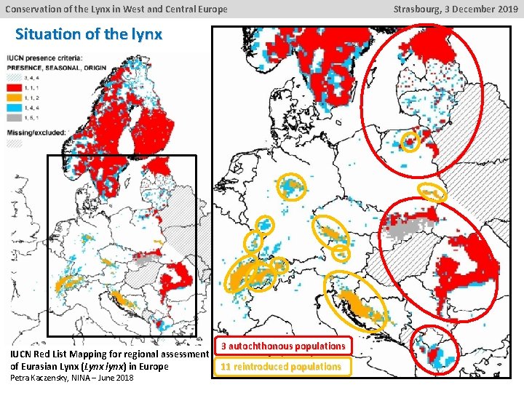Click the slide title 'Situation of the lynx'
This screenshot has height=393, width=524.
pos(88,34)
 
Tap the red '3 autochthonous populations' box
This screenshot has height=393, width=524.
pos(283,346)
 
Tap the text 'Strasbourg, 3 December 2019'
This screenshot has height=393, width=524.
pos(456,9)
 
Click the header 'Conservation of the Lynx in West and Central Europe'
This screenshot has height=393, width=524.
pos(116,9)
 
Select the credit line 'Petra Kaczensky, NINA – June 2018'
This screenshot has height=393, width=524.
pos(71,378)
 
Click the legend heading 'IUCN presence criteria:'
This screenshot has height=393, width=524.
pos(45,58)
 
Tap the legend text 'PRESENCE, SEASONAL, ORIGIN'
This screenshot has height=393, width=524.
pos(56,67)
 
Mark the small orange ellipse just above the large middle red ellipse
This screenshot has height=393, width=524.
pos(432,192)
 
